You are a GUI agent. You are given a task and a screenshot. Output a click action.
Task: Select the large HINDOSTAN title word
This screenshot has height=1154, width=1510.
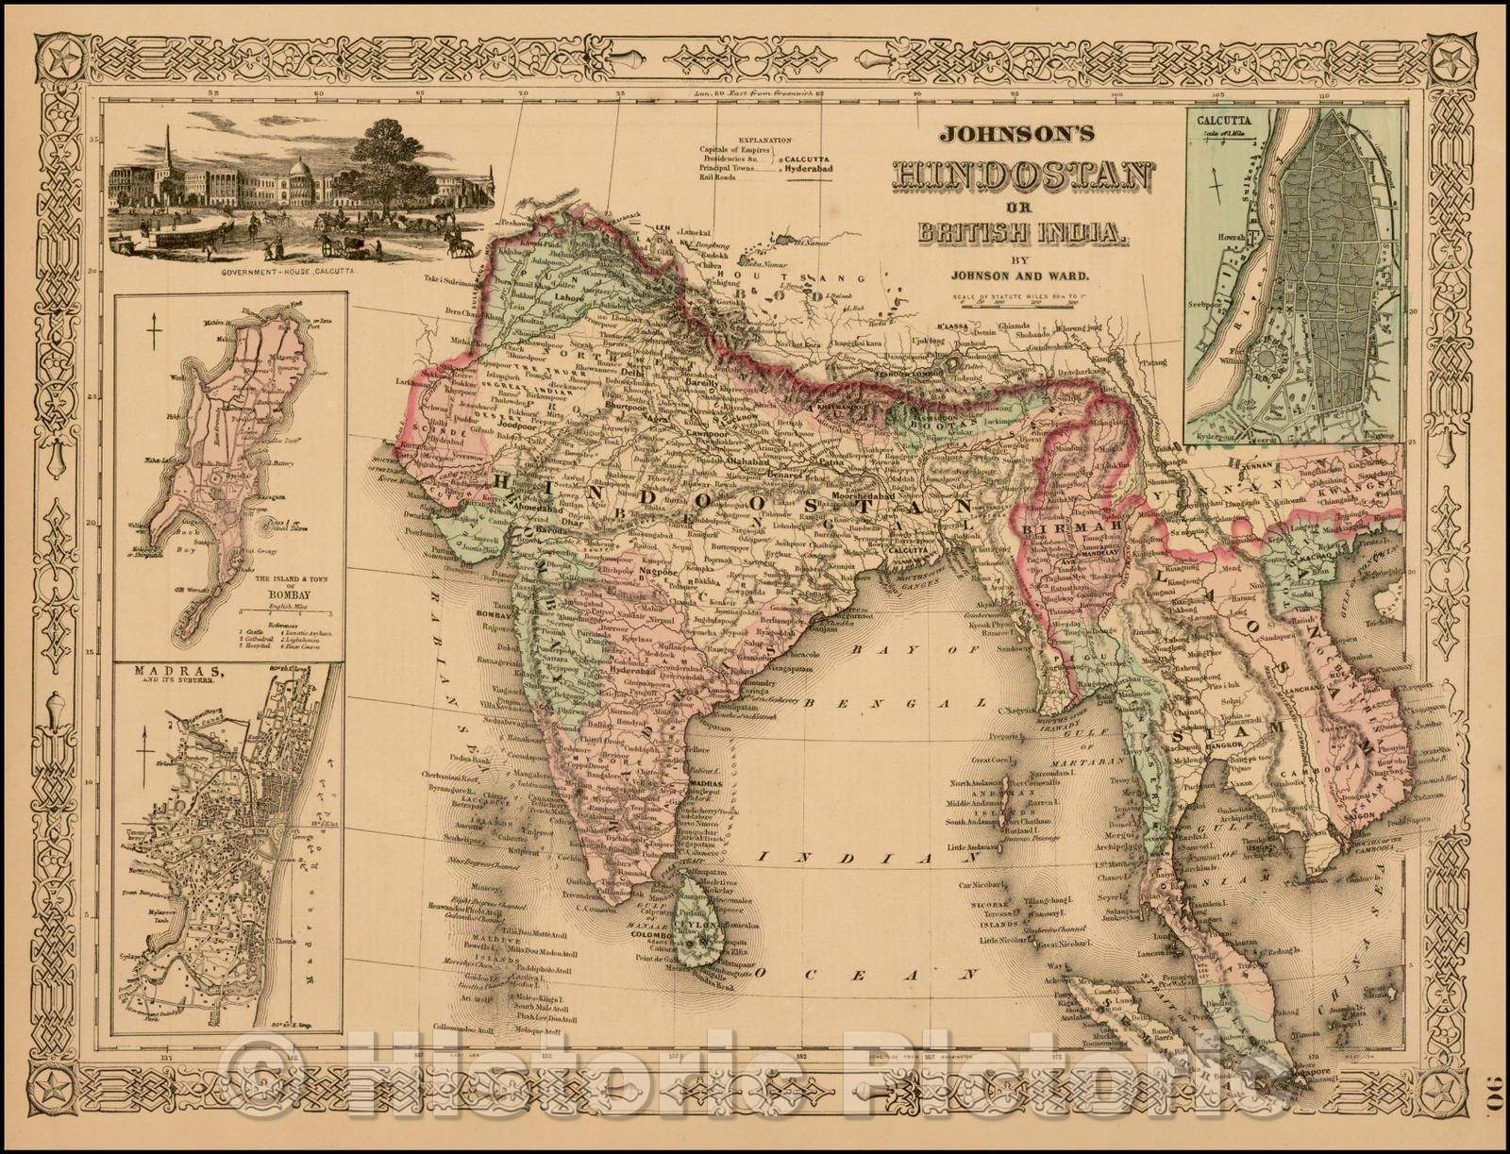(x=1023, y=176)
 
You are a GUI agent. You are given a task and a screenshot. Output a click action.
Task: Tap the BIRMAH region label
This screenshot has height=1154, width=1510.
(x=1058, y=531)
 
